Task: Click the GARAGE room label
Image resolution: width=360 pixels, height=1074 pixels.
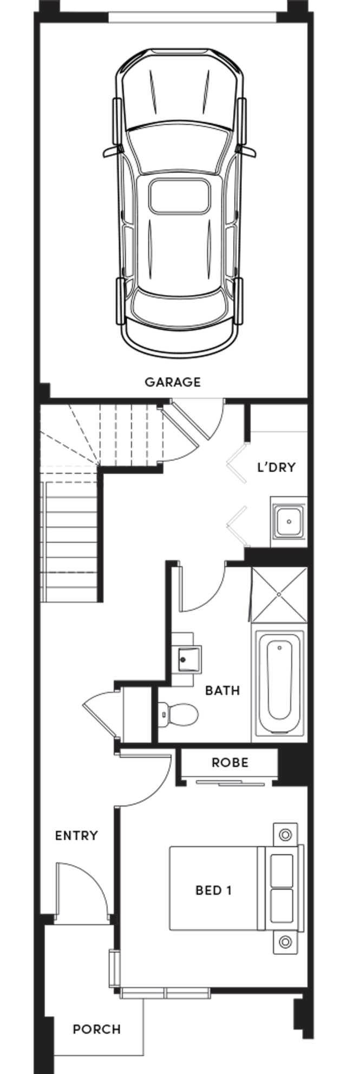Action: point(172,382)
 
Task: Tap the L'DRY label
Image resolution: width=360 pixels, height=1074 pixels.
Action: point(277,467)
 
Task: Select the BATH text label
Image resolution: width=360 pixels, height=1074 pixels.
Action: point(222,691)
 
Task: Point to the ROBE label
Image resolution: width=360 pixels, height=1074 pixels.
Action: point(230,763)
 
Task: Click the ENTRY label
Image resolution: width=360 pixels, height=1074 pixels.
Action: point(76,836)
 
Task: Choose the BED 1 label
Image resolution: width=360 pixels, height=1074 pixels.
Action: point(213,890)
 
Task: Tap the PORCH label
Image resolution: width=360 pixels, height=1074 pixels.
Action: point(97,1029)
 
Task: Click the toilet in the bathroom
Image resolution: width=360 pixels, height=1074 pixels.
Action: point(178,714)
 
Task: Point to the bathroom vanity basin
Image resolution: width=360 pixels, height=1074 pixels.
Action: point(187,659)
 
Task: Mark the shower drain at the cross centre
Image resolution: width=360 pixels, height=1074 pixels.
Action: point(279,594)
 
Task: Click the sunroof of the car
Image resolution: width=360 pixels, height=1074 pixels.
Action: point(180,196)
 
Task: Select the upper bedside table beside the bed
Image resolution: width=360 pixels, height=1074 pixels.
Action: point(285,834)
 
